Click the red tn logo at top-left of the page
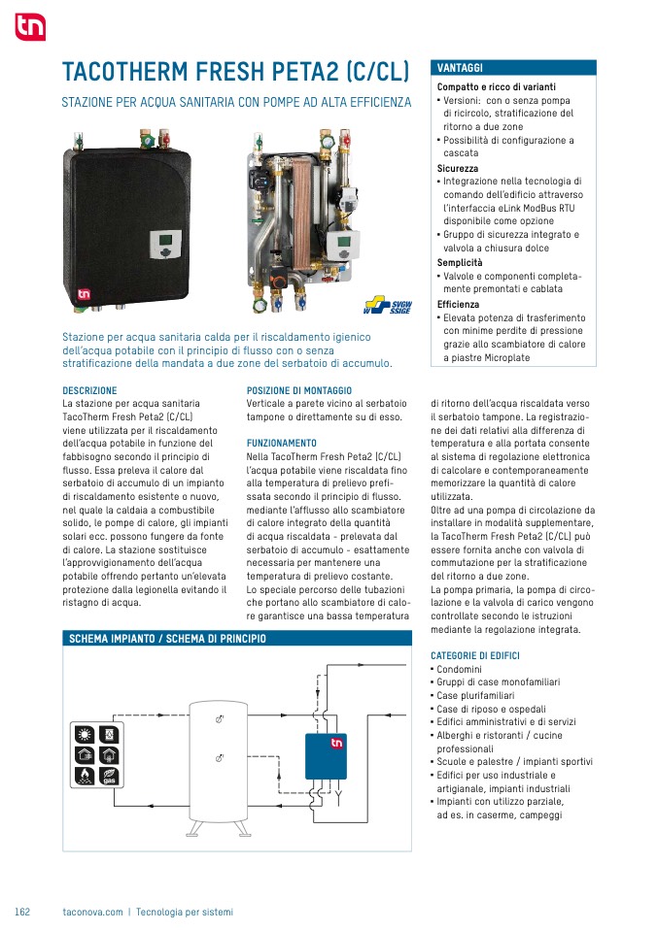click(30, 26)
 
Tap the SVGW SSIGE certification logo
click(387, 306)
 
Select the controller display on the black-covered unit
click(163, 245)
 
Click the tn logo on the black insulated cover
click(85, 293)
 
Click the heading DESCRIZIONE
click(89, 390)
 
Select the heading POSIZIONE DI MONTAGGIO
click(299, 390)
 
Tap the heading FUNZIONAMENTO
click(282, 443)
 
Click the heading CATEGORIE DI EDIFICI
click(475, 655)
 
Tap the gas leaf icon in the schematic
click(109, 777)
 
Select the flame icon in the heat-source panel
click(85, 777)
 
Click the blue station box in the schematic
click(326, 756)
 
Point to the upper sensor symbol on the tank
click(219, 718)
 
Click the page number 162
click(22, 912)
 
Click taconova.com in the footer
click(92, 912)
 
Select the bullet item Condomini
click(459, 669)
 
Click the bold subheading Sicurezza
click(457, 169)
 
